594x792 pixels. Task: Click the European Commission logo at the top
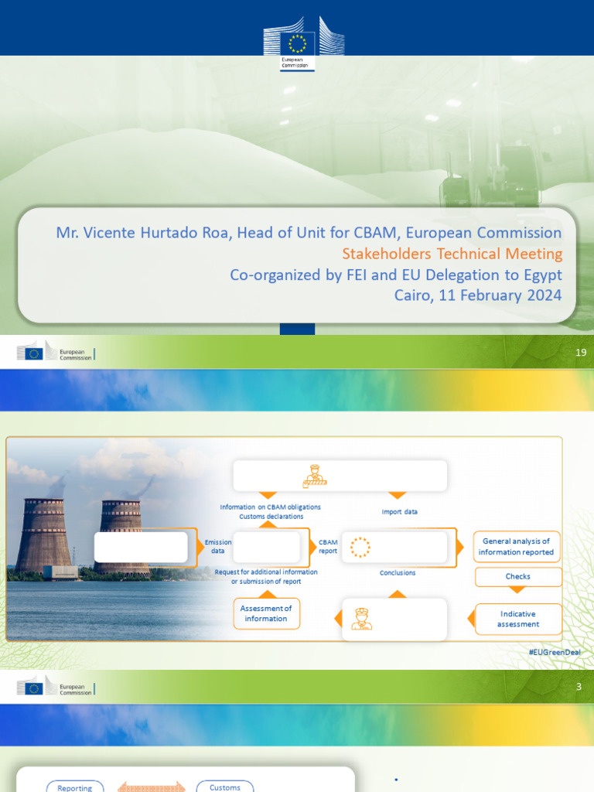(303, 43)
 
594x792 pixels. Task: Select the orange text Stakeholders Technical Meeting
(452, 254)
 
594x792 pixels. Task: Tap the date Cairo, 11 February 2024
(477, 295)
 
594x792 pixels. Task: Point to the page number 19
(581, 353)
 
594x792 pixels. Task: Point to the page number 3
(578, 687)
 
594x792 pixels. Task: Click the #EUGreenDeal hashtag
(554, 653)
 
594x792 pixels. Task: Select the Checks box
(517, 576)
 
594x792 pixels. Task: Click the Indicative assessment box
(517, 619)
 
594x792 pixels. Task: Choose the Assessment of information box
(266, 613)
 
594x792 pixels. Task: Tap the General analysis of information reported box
(516, 547)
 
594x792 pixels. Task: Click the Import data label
(401, 512)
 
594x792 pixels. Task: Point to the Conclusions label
(398, 573)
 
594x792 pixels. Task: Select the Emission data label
(218, 547)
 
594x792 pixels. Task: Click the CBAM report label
(328, 547)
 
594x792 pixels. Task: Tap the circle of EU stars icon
(360, 548)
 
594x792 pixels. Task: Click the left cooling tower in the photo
(44, 534)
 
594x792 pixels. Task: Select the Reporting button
(74, 787)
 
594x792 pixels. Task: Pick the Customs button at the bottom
(225, 787)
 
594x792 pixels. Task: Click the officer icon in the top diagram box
(314, 476)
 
